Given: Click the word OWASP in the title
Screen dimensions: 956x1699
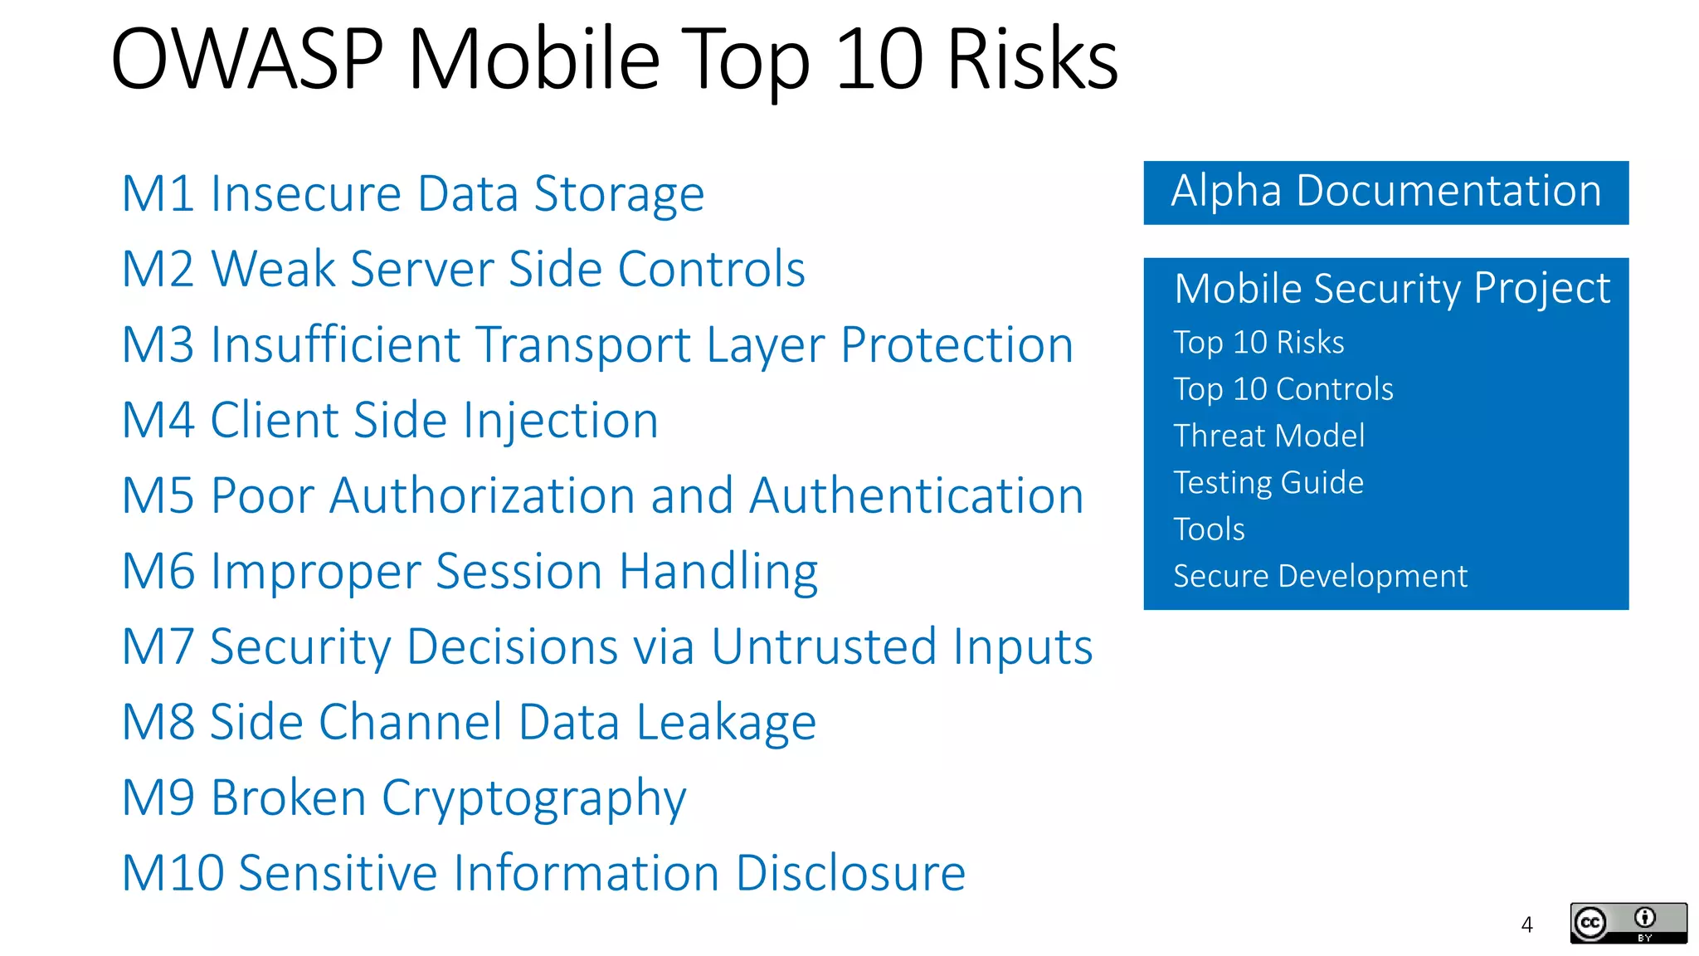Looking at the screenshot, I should pyautogui.click(x=246, y=60).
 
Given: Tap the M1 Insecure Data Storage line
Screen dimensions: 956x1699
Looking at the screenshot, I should pyautogui.click(x=412, y=194).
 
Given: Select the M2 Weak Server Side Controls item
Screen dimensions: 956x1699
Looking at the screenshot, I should pyautogui.click(x=463, y=270).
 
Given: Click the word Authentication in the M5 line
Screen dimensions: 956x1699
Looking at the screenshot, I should pyautogui.click(x=917, y=496).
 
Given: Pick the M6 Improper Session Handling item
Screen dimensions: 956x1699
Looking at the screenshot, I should pyautogui.click(x=470, y=572).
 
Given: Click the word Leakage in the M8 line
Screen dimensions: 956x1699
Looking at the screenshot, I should pyautogui.click(x=726, y=723).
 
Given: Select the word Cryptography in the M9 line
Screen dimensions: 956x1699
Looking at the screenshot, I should pyautogui.click(x=533, y=798).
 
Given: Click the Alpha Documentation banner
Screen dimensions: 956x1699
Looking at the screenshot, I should pyautogui.click(x=1385, y=192).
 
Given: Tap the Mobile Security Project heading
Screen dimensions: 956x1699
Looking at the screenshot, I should pyautogui.click(x=1392, y=289).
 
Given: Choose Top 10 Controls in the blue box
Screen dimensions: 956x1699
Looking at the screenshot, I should pyautogui.click(x=1283, y=389).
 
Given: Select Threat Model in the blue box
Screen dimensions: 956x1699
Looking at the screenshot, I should pyautogui.click(x=1268, y=436).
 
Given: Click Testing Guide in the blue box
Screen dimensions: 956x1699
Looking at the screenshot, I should pyautogui.click(x=1268, y=483).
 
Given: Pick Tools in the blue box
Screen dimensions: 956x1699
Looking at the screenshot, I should pyautogui.click(x=1209, y=529).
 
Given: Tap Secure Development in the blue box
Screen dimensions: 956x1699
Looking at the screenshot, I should pyautogui.click(x=1320, y=576).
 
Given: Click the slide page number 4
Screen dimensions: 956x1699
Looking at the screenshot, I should pyautogui.click(x=1526, y=924).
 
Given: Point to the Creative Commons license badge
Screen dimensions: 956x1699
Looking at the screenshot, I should pyautogui.click(x=1628, y=923).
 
